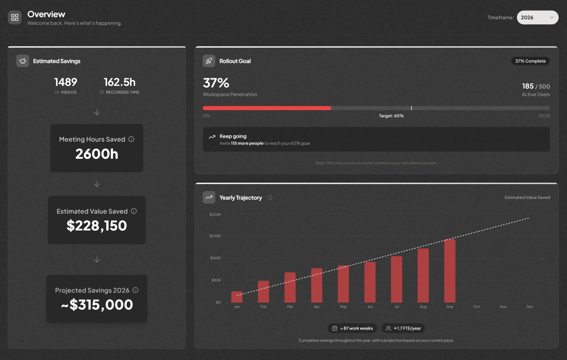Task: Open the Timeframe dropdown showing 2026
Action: pos(537,17)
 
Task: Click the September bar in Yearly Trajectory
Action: pos(449,271)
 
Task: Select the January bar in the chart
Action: pos(237,297)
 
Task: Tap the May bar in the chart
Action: pos(343,284)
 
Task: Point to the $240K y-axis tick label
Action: pos(215,236)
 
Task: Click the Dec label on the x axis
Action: pos(529,307)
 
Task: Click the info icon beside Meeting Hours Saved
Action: pos(131,139)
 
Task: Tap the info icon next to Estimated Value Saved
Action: pos(134,211)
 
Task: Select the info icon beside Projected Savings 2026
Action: pos(135,290)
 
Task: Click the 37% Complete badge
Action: pos(530,61)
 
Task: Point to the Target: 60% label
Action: pos(391,116)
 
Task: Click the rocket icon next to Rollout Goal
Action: pos(209,61)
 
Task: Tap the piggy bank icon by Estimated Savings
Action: pos(23,61)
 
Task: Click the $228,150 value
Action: pos(97,226)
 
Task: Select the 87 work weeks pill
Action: pos(352,328)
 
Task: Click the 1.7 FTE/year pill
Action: pos(403,328)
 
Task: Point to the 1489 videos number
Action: pos(66,82)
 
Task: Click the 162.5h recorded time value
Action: pos(120,82)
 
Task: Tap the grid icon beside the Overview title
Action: pos(15,17)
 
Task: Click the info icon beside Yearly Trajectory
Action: pos(270,197)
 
